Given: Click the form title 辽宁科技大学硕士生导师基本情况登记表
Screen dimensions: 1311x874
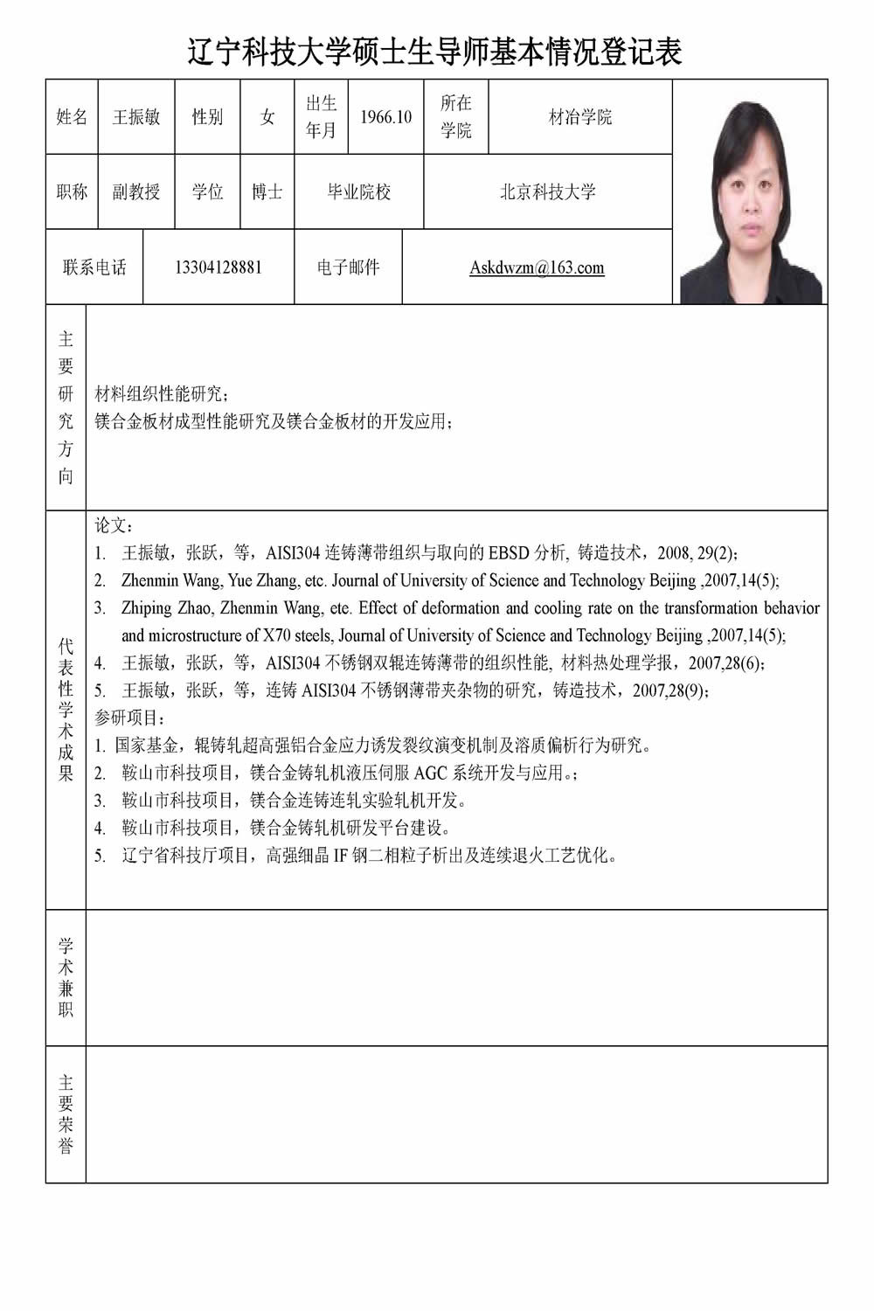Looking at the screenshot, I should coord(434,52).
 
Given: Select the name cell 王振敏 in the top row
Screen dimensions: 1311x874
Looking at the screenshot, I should coord(136,117).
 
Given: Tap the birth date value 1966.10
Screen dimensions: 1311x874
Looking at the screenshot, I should coord(385,117).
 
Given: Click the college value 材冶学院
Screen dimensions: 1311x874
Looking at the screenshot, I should coord(579,117).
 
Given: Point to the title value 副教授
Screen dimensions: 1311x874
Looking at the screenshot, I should coord(136,192).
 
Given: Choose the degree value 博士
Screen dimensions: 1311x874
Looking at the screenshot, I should coord(267,192).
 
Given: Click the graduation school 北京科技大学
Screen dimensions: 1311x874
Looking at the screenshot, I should coord(547,192).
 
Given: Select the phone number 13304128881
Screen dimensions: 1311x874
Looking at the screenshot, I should coord(218,267).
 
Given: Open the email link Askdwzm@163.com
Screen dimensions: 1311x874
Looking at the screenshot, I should coord(537,267).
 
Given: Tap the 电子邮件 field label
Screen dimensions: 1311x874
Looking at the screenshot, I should coord(348,267).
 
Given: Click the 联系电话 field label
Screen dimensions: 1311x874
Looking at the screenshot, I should coord(94,267).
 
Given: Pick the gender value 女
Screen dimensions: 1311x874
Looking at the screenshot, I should coord(267,117).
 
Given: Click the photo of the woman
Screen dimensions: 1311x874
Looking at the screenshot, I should coord(750,201).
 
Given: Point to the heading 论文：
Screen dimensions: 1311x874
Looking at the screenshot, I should coord(114,525).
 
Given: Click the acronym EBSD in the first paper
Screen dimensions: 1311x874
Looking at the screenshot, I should coord(509,552).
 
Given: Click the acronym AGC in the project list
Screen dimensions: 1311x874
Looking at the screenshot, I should coord(431,773).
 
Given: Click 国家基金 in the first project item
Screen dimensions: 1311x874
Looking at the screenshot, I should coord(147,746).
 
